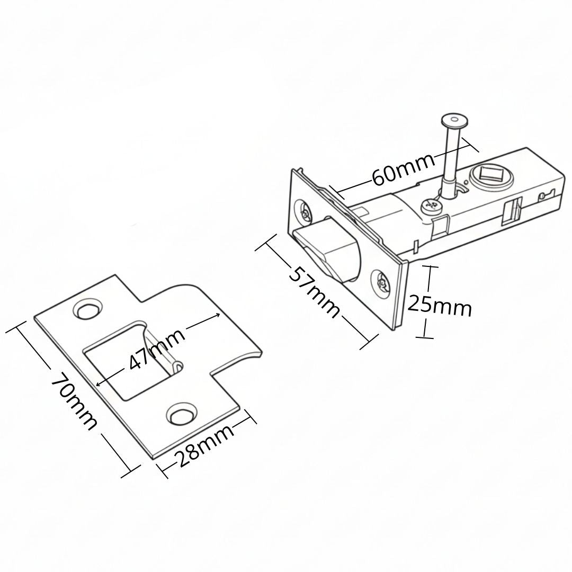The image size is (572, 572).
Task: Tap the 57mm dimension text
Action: [x=314, y=291]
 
